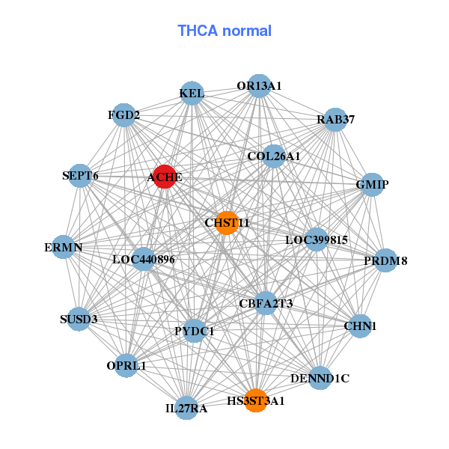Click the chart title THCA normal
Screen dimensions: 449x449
point(224,31)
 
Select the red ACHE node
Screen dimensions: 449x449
point(165,177)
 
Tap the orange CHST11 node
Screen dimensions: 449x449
point(227,222)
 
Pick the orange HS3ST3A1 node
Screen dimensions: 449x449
point(256,400)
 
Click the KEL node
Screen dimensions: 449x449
point(192,94)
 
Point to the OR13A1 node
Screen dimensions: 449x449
point(259,86)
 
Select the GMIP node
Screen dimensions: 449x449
point(372,184)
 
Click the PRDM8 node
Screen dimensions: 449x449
point(385,260)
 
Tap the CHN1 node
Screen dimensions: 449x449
point(361,326)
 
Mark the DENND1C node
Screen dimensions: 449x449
point(320,378)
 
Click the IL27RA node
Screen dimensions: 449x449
point(187,408)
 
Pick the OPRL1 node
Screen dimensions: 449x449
point(126,366)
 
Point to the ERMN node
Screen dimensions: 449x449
point(64,247)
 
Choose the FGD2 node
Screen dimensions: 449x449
point(123,115)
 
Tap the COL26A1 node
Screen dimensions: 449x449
point(274,156)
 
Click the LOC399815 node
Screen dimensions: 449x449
point(317,240)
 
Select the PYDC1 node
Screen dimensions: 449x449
point(195,331)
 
